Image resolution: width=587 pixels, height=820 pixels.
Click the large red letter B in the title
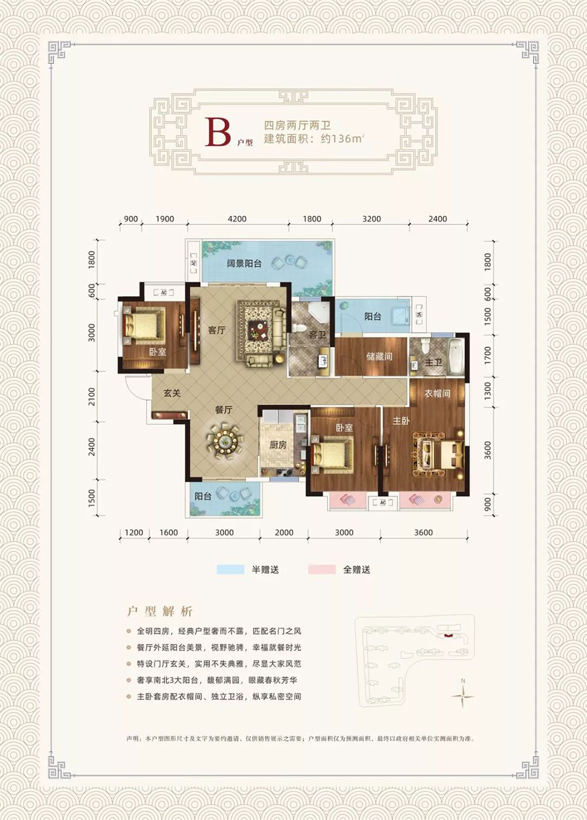[217, 132]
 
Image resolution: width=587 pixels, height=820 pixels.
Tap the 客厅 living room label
[217, 330]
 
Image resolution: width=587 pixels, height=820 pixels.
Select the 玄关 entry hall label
[172, 393]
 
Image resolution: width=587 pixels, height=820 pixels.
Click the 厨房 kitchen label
[278, 445]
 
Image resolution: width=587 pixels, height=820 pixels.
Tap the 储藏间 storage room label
[379, 356]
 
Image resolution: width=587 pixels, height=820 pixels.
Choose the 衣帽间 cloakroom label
[437, 393]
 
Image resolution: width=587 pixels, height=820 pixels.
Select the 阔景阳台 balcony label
[244, 263]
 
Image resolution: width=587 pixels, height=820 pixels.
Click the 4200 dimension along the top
[237, 219]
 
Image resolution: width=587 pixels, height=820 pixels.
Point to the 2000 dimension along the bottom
[284, 533]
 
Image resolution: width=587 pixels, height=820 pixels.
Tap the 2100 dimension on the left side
[92, 397]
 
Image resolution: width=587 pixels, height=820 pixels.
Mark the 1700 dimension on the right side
[488, 355]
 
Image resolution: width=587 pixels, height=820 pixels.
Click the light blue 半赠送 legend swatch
[231, 569]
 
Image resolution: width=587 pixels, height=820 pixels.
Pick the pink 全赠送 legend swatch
[321, 569]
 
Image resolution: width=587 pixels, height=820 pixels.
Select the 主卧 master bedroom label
[401, 421]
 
